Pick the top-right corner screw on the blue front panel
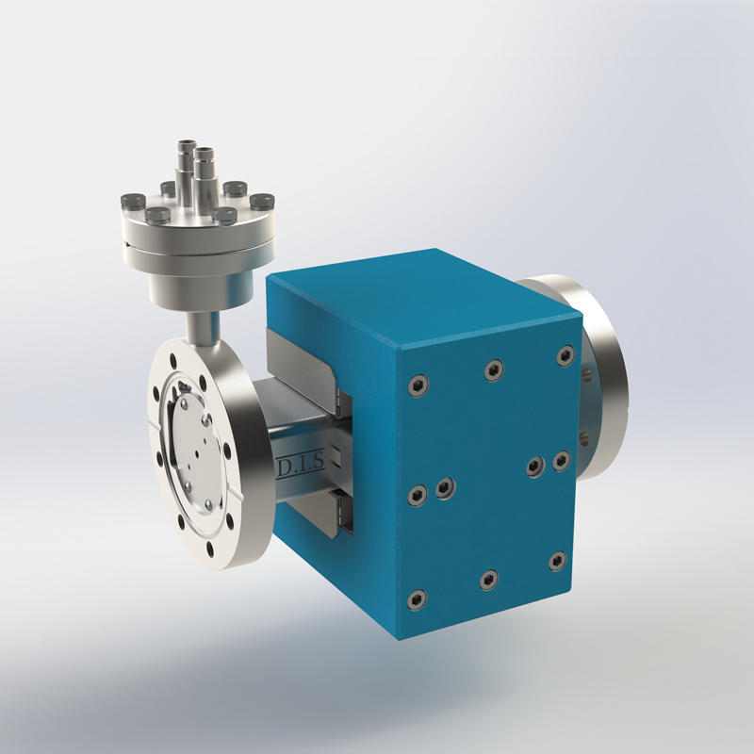tap(565, 355)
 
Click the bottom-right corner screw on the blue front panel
tap(557, 562)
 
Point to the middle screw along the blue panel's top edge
tap(493, 370)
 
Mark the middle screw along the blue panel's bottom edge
tap(488, 579)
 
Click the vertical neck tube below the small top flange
tap(201, 326)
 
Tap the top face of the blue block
tap(415, 292)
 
